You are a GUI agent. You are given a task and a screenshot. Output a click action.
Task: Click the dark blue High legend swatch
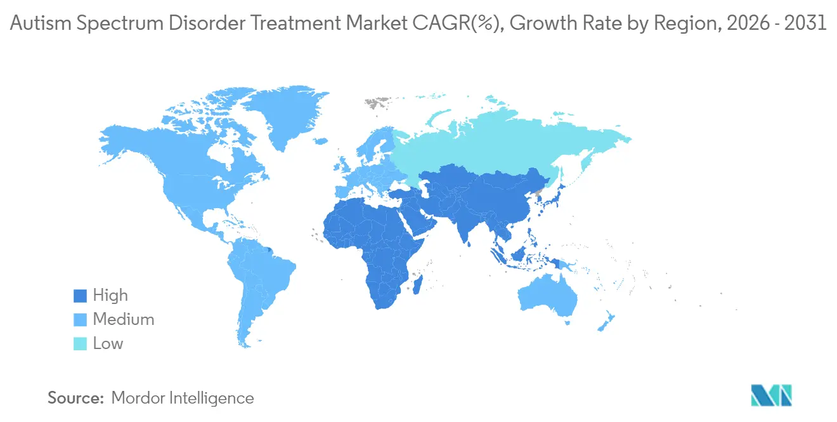(x=80, y=296)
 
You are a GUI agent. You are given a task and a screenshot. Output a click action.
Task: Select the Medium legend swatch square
(x=80, y=320)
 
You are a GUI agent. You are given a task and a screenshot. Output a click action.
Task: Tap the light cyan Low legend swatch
(x=80, y=344)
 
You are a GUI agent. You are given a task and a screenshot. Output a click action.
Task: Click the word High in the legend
(x=110, y=296)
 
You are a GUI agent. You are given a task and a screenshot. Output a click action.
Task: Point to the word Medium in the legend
(x=124, y=320)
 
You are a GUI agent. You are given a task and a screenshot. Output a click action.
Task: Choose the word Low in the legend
(x=108, y=344)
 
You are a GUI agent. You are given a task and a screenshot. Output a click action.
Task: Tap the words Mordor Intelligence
(x=183, y=398)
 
